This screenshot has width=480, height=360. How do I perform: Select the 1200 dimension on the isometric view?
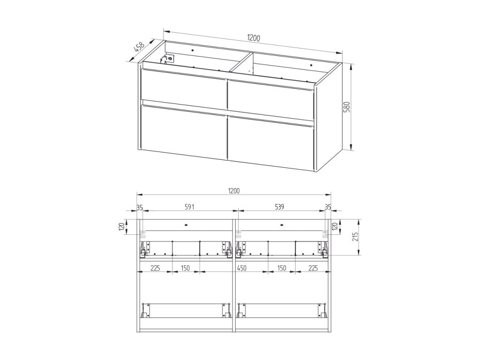(x=254, y=38)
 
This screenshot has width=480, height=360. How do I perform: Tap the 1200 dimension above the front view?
(x=234, y=191)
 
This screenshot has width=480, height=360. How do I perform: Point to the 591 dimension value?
(x=189, y=207)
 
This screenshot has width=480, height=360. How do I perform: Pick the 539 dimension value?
(x=279, y=207)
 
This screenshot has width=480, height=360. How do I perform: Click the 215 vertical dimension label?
(x=355, y=237)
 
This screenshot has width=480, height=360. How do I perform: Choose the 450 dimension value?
(x=242, y=268)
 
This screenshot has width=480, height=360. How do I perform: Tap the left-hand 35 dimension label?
(x=140, y=207)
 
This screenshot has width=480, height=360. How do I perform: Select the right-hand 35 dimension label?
(x=328, y=207)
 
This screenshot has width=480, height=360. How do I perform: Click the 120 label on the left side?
(x=121, y=227)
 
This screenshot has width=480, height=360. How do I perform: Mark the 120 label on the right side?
(x=335, y=227)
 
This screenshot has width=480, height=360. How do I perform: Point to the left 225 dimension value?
(x=156, y=268)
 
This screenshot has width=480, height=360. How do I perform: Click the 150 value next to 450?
(x=282, y=268)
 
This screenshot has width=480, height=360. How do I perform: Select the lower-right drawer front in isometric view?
(x=271, y=143)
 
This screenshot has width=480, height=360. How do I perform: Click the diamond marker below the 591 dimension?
(x=186, y=225)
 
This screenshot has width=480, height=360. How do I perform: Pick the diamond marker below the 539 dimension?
(x=281, y=225)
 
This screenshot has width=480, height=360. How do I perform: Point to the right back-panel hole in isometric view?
(x=311, y=65)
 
